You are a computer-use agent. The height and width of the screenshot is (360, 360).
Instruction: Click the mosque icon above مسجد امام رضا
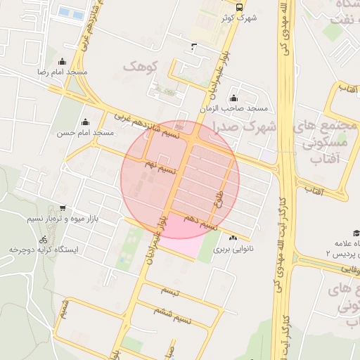[62, 62]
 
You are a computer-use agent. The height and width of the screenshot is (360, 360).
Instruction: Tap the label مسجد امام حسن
[86, 133]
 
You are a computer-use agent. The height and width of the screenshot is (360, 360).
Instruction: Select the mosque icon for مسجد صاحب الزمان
[233, 98]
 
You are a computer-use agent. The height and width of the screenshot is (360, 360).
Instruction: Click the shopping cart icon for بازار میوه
[63, 208]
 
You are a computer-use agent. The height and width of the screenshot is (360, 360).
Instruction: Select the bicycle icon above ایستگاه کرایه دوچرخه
[44, 239]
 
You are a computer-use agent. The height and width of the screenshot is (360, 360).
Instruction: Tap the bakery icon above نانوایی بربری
[233, 238]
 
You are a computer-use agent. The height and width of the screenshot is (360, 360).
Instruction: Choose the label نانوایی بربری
[232, 249]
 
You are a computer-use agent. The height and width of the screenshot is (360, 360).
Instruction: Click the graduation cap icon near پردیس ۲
[356, 233]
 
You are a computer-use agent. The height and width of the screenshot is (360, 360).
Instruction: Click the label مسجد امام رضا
[62, 72]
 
